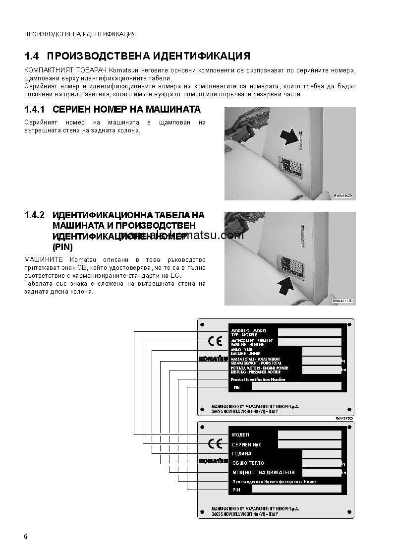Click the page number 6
(26, 537)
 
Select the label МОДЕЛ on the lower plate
(241, 435)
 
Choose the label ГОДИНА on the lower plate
(242, 454)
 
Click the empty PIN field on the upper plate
(296, 386)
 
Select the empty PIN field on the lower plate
(296, 490)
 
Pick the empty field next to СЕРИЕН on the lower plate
(309, 444)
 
